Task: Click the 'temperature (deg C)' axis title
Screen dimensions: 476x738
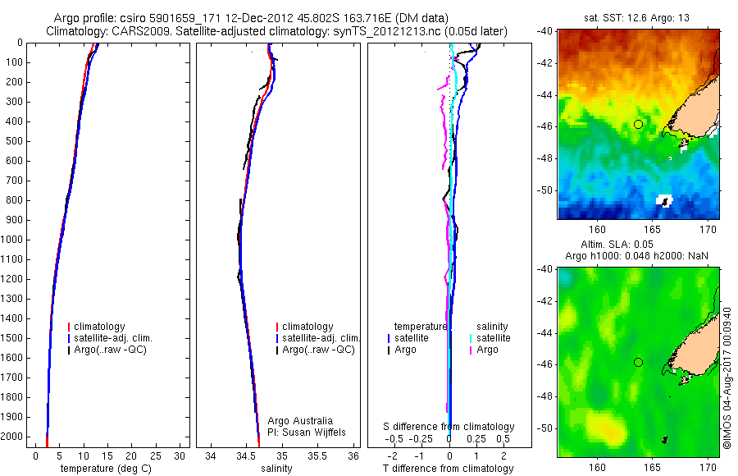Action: pyautogui.click(x=102, y=469)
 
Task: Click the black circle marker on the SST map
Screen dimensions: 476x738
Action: pyautogui.click(x=638, y=124)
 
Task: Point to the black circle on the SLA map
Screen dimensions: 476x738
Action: pyautogui.click(x=638, y=362)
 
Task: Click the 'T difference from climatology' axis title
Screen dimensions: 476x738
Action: pyautogui.click(x=448, y=469)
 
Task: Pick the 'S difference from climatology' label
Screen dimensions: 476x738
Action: pyautogui.click(x=449, y=427)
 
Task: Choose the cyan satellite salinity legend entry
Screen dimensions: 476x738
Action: pyautogui.click(x=490, y=338)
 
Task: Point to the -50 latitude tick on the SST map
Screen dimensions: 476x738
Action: pyautogui.click(x=544, y=190)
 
